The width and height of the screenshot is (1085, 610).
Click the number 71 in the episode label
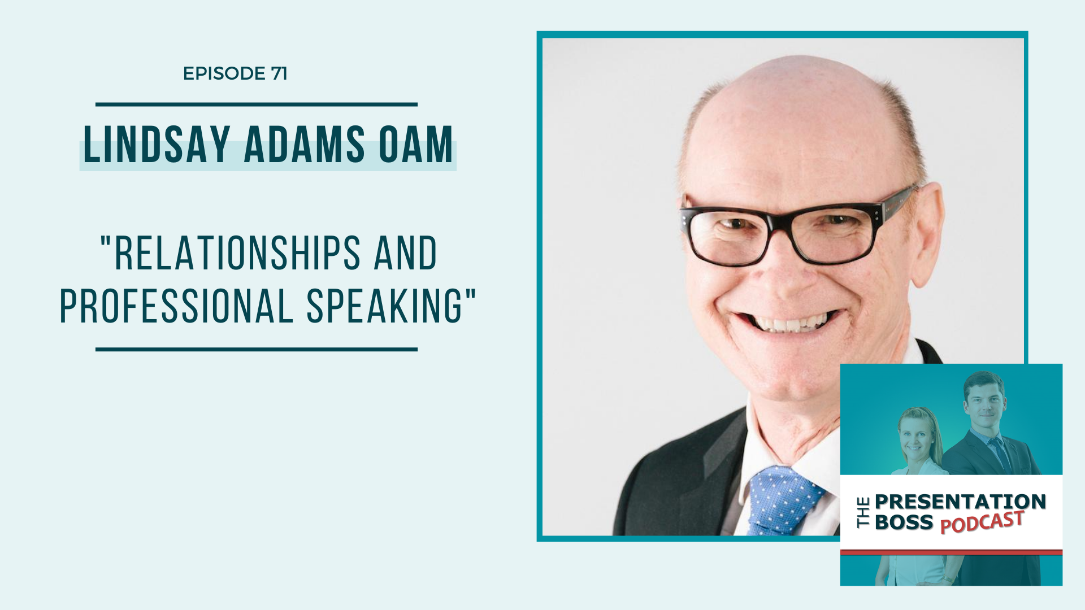tap(279, 73)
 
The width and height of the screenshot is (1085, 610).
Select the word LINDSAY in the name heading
tap(157, 145)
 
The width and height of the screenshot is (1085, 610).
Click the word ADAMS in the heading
tap(305, 145)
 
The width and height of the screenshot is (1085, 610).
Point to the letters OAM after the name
tap(416, 145)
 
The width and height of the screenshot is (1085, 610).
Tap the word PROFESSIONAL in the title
tap(176, 306)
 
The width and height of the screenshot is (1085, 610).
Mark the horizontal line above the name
tap(257, 104)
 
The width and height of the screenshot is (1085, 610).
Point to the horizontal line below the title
tap(257, 350)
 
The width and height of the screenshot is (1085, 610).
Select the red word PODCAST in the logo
tap(982, 522)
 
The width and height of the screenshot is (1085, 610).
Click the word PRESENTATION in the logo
tap(960, 502)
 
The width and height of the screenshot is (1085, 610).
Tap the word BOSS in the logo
tap(904, 522)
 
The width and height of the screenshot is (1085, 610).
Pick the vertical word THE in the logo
tap(863, 512)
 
